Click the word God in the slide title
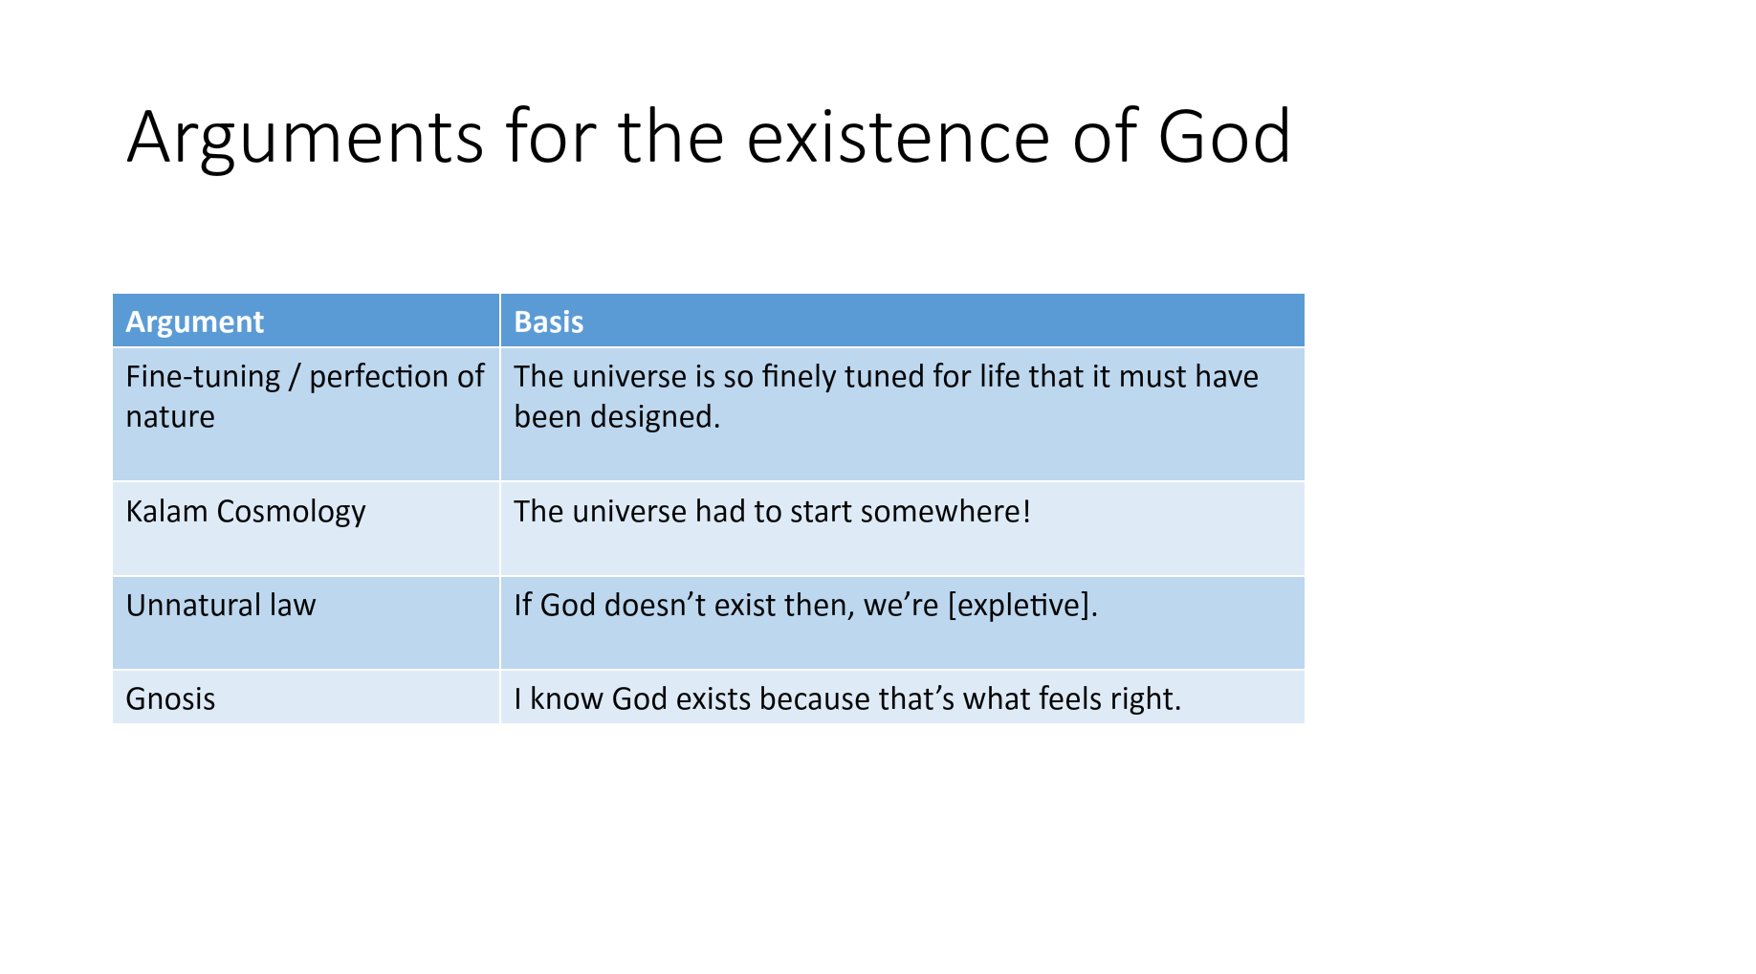pos(1224,137)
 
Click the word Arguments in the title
pos(305,140)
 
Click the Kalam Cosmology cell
pos(306,528)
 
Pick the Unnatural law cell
pos(306,623)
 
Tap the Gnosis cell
pos(306,697)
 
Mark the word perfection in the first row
pos(379,377)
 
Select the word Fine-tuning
pos(203,377)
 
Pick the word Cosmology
pos(291,512)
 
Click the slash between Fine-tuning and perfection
pos(295,377)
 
